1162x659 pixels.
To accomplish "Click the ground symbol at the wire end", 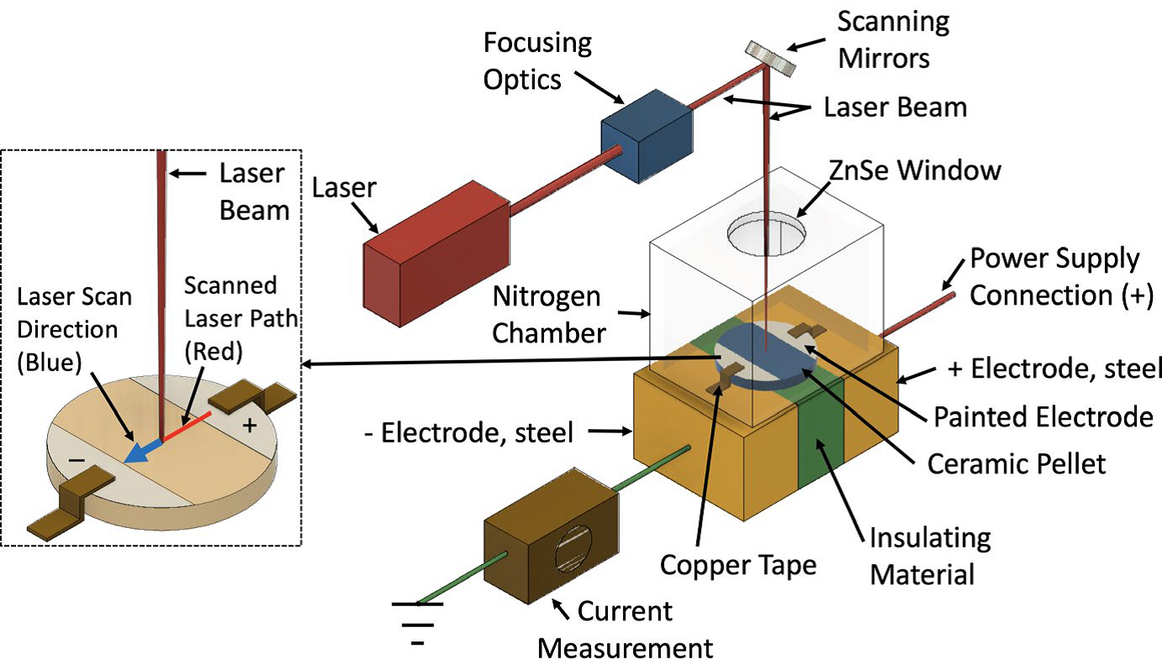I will (x=417, y=621).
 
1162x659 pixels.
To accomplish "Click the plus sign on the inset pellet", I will (x=249, y=426).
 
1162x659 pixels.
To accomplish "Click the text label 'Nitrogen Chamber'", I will (x=548, y=315).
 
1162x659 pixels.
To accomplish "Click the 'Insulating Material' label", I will (x=930, y=556).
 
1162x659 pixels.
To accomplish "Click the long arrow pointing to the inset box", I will (x=504, y=361).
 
